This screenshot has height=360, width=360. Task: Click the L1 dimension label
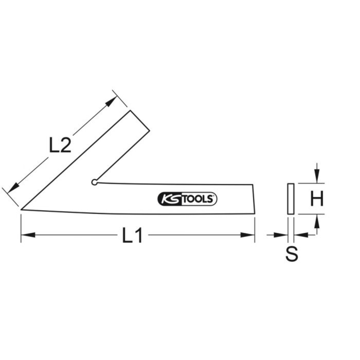tap(132, 236)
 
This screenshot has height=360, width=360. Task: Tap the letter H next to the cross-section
tap(316, 199)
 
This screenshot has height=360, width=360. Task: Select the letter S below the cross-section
tap(292, 254)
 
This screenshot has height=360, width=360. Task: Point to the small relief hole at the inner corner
tap(94, 182)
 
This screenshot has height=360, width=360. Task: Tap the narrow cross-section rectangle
tap(291, 199)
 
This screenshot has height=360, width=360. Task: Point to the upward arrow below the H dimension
tap(316, 222)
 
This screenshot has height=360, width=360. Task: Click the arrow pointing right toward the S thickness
tap(281, 235)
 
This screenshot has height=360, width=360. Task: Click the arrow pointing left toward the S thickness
tap(301, 235)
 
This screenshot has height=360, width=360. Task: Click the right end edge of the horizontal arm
tap(254, 199)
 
